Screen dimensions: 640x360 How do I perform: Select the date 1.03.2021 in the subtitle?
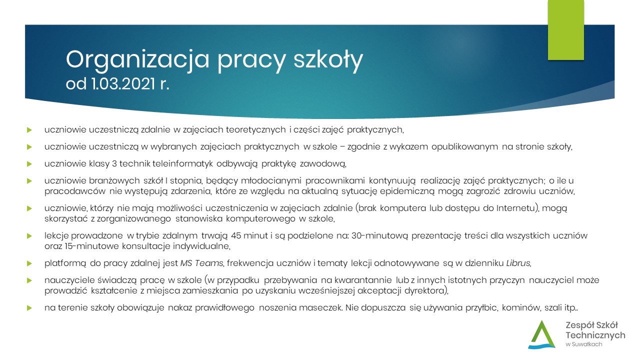click(x=123, y=84)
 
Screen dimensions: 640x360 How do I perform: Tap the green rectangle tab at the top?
click(x=565, y=30)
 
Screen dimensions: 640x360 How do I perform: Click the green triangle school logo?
click(x=541, y=334)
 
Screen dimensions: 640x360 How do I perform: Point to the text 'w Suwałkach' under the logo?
click(x=583, y=344)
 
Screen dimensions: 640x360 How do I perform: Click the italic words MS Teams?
click(x=201, y=263)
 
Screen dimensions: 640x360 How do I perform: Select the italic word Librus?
click(x=518, y=263)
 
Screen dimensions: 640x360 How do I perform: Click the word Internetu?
click(x=515, y=208)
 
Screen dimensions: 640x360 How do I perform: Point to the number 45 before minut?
click(x=236, y=235)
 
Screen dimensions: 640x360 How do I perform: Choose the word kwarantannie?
click(x=363, y=280)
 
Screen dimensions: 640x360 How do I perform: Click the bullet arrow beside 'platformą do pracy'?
click(x=29, y=263)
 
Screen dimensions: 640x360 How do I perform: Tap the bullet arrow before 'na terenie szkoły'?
click(x=29, y=308)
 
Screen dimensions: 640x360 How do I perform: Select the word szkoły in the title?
click(x=328, y=60)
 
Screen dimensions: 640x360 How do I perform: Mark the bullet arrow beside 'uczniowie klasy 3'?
click(x=29, y=164)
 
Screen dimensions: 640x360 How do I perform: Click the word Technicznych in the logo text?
click(x=595, y=335)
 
